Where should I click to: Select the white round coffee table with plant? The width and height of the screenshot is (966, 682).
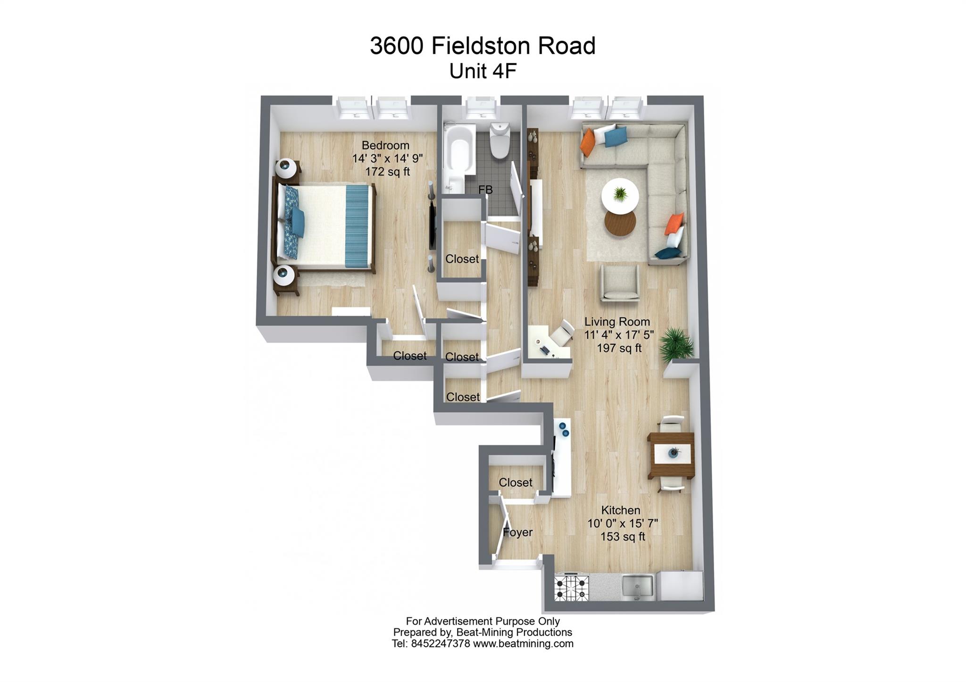coord(620,195)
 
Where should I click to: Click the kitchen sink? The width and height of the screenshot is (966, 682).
coord(638,588)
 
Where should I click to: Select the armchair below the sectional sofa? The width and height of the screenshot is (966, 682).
coord(619,283)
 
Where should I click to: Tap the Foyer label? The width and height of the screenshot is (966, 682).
coord(517,532)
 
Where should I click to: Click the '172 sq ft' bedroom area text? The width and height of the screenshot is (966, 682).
coord(387,172)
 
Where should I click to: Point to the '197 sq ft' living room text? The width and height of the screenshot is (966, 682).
coord(619,348)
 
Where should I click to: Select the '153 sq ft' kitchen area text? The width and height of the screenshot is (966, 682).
coord(622,537)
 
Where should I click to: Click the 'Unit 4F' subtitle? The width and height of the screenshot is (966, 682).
coord(483,72)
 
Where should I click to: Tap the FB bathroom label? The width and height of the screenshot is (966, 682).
coord(485,190)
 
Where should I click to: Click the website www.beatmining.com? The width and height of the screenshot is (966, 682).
coord(523,644)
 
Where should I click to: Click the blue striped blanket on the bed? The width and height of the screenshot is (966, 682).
coord(357,226)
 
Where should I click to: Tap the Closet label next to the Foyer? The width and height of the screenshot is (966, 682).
coord(515,482)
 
